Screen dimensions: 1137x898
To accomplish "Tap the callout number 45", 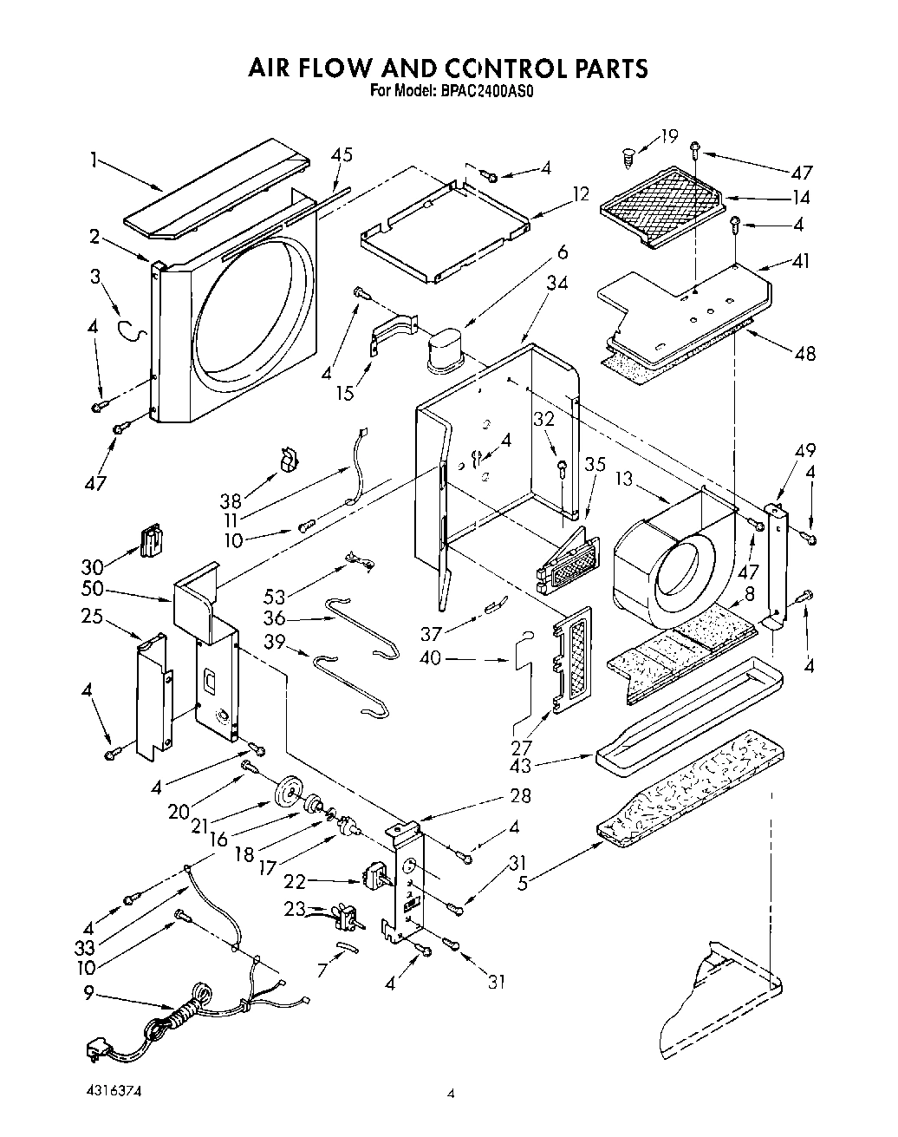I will [342, 156].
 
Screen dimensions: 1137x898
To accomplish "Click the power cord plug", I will [94, 1052].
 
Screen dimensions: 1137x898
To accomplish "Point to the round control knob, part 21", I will [285, 793].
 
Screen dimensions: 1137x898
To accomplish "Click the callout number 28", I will [520, 795].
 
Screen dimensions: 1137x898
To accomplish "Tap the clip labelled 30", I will [151, 541].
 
